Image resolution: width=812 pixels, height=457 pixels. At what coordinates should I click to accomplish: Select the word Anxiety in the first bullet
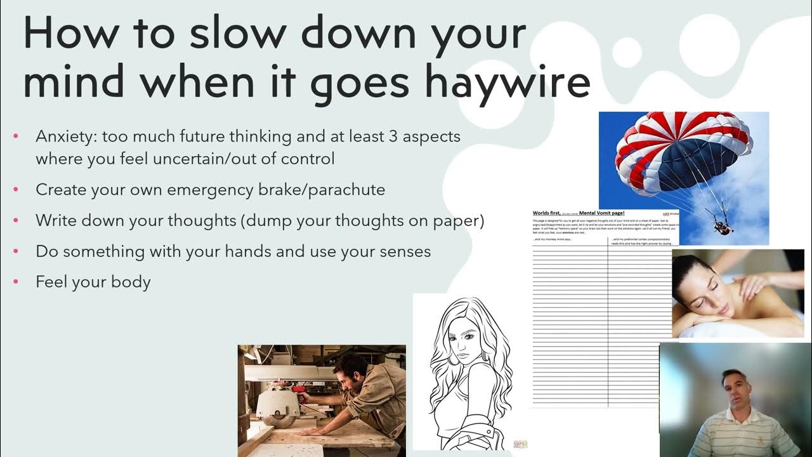click(x=65, y=136)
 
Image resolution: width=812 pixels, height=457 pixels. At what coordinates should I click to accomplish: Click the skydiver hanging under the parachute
click(x=721, y=223)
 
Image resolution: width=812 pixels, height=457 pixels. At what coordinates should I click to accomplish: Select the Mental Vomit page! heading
click(x=602, y=213)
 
